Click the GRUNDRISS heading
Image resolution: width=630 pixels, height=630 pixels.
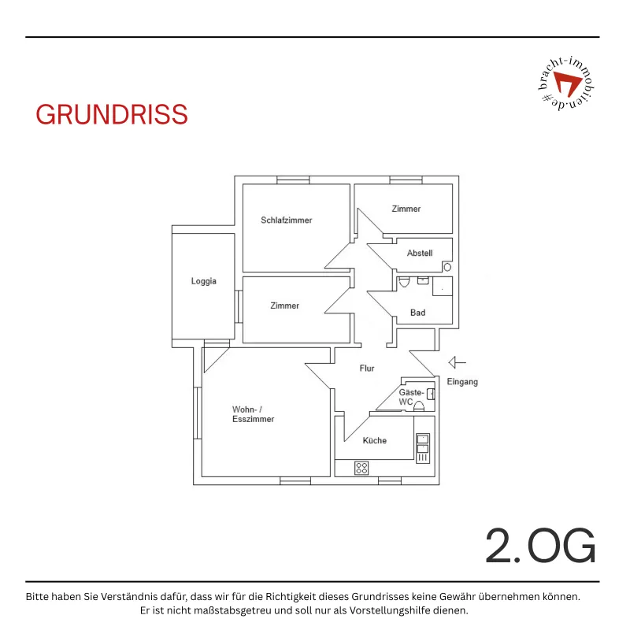(x=112, y=114)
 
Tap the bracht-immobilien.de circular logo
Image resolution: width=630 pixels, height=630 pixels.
(x=566, y=83)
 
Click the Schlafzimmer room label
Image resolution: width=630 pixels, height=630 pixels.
(x=287, y=220)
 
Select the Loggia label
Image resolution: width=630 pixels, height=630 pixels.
(x=204, y=281)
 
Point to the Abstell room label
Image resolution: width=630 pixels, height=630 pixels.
(x=420, y=253)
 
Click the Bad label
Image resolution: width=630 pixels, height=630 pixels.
(x=418, y=313)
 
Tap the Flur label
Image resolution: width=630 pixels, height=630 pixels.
(x=367, y=369)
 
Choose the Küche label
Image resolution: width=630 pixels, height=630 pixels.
(x=375, y=440)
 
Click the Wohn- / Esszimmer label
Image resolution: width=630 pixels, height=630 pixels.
(x=253, y=414)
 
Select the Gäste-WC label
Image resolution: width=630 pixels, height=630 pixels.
(x=411, y=397)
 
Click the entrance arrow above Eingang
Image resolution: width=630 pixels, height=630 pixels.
(x=458, y=362)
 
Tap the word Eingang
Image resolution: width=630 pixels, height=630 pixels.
(x=462, y=382)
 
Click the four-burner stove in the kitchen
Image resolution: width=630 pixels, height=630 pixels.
(x=361, y=468)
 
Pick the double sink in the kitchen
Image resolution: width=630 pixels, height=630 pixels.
(x=423, y=443)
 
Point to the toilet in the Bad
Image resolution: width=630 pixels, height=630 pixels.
(x=403, y=282)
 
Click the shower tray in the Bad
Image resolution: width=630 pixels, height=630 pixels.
(x=443, y=287)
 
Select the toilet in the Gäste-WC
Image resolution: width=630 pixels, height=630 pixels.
(x=419, y=406)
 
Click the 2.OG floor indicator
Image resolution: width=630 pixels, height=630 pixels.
(x=540, y=545)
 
